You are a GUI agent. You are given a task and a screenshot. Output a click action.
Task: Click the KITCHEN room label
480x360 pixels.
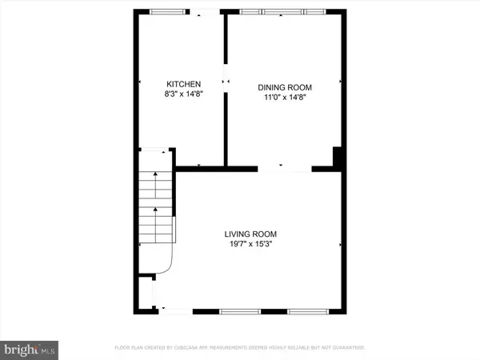183,84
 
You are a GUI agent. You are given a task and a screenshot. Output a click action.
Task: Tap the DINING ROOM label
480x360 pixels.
284,87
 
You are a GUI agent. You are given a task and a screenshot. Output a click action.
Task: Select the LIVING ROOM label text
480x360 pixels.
256,234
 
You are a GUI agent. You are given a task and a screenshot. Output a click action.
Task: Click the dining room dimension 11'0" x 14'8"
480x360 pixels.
284,98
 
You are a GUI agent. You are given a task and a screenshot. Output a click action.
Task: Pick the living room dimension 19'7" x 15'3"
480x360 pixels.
256,245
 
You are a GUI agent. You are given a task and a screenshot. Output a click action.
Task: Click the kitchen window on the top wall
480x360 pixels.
165,12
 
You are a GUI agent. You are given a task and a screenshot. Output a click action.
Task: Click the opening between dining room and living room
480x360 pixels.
284,168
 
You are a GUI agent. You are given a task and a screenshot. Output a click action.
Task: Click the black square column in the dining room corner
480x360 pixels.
338,158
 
